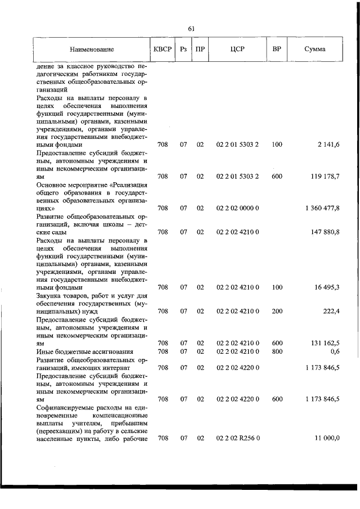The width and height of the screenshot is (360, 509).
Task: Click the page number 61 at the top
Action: click(x=191, y=29)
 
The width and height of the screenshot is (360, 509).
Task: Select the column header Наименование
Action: click(x=92, y=49)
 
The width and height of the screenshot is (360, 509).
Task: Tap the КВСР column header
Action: click(x=163, y=49)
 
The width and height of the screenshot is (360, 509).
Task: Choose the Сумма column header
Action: click(x=314, y=49)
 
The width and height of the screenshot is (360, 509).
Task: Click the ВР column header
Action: click(x=276, y=49)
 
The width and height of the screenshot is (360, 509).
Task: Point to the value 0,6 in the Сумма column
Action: click(x=335, y=352)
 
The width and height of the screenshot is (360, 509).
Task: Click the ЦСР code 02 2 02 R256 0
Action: click(x=237, y=438)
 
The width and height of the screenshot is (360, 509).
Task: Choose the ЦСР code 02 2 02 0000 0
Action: click(x=237, y=208)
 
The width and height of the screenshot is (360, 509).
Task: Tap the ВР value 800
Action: click(x=277, y=352)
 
